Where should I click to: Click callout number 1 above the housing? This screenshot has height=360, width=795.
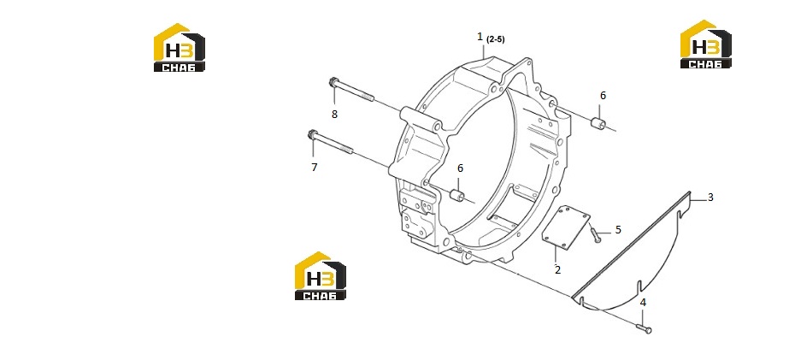pyautogui.click(x=480, y=37)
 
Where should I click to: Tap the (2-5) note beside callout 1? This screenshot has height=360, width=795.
pyautogui.click(x=495, y=39)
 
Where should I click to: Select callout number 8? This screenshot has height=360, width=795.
pyautogui.click(x=334, y=115)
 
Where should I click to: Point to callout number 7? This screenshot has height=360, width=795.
pyautogui.click(x=315, y=167)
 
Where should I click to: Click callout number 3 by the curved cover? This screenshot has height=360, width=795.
pyautogui.click(x=710, y=198)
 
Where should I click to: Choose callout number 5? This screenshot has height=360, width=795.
pyautogui.click(x=618, y=230)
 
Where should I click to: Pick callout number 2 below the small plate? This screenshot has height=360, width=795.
pyautogui.click(x=557, y=270)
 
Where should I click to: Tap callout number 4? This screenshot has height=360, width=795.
pyautogui.click(x=643, y=303)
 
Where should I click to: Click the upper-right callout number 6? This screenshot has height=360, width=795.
pyautogui.click(x=603, y=95)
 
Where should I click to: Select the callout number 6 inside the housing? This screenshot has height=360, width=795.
pyautogui.click(x=461, y=168)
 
